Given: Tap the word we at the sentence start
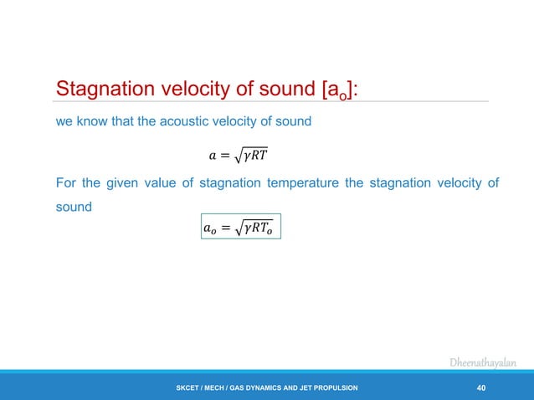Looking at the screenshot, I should (x=63, y=121).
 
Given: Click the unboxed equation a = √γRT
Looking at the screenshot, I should (x=239, y=156).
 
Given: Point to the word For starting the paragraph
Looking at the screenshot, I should (x=66, y=184).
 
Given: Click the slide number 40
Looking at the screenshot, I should (x=480, y=387).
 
